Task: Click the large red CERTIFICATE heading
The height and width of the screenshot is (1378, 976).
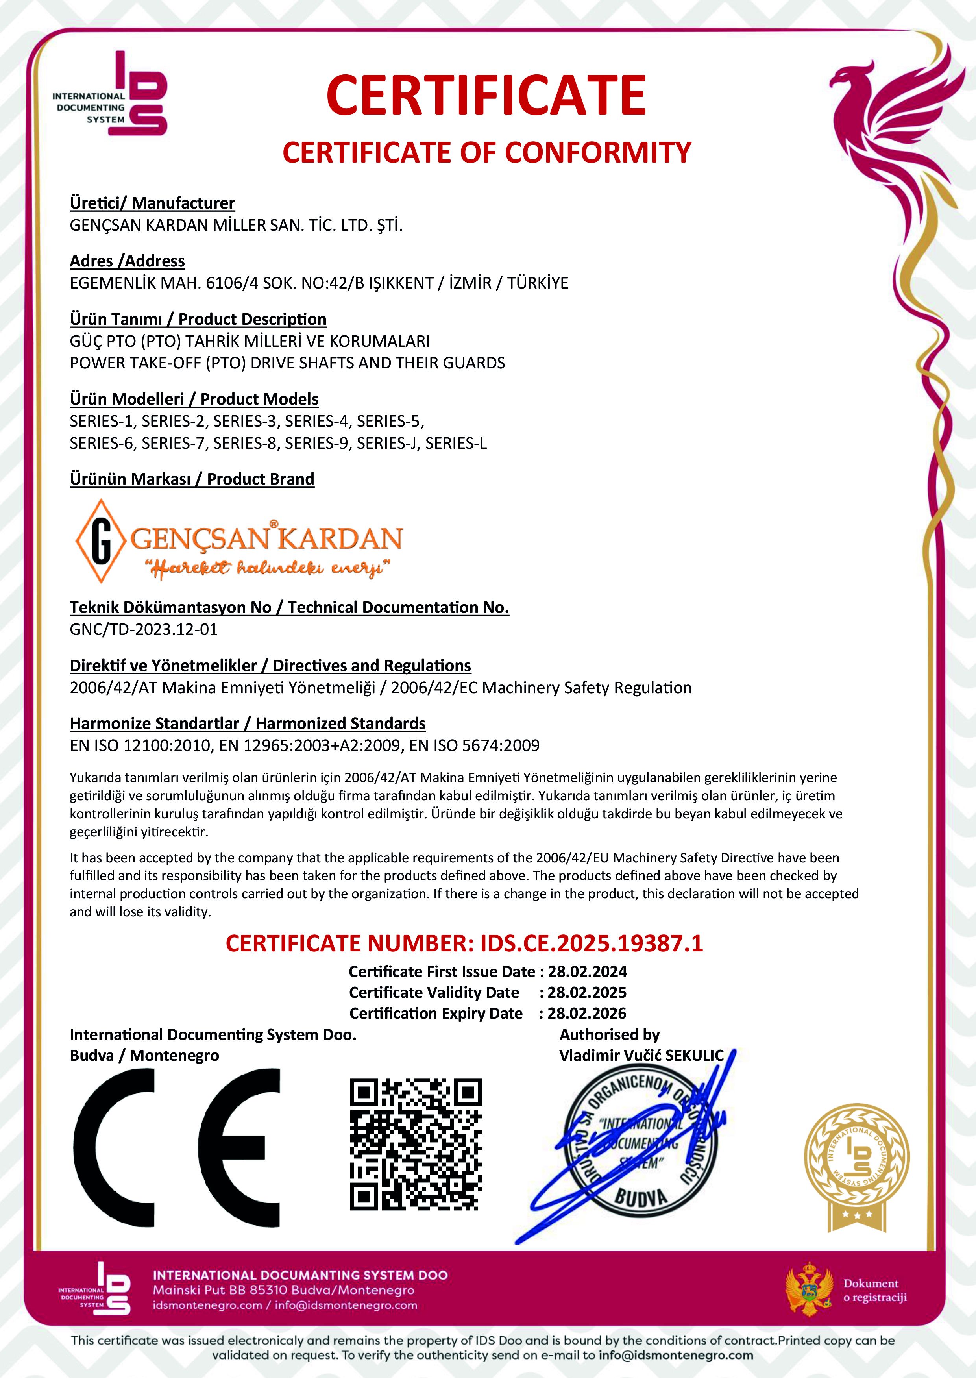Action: [486, 96]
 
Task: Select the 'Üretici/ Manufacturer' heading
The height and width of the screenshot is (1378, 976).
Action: [152, 203]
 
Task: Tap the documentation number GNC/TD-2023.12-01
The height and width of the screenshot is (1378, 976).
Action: [144, 629]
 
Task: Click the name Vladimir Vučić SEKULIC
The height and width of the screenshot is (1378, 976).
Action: [641, 1056]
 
